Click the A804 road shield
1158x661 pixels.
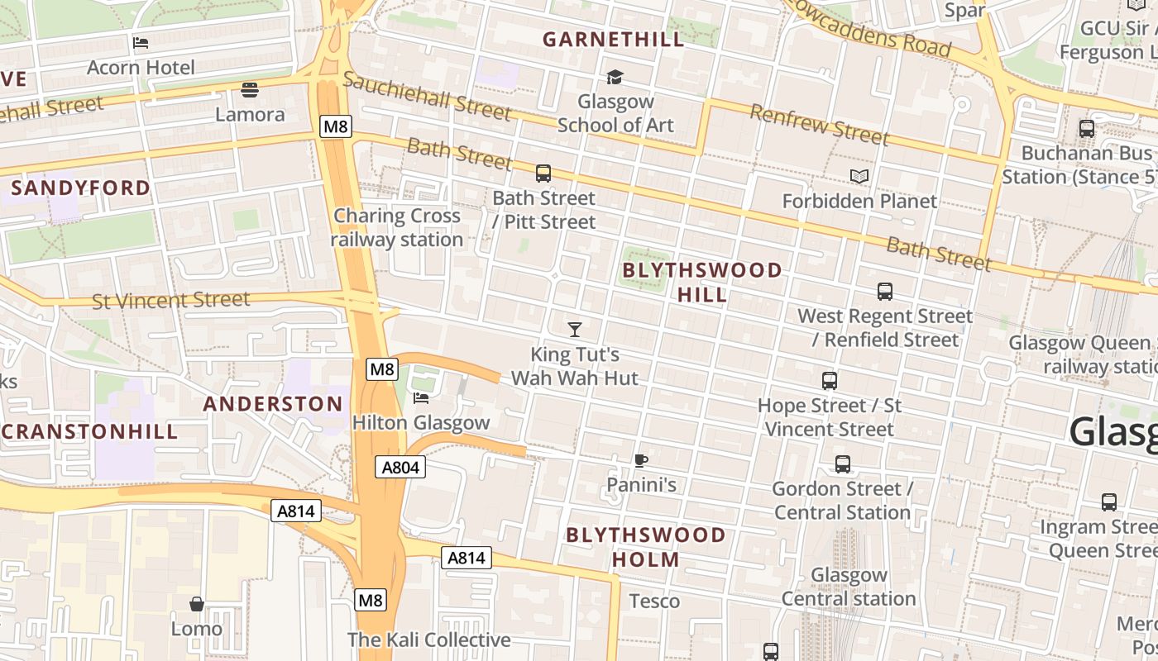401,467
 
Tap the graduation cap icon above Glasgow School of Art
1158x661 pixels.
615,77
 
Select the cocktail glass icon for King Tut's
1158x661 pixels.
575,330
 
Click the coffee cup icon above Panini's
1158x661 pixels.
640,460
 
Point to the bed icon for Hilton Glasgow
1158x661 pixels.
421,398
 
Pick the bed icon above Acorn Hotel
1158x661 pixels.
141,43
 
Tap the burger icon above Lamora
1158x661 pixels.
250,89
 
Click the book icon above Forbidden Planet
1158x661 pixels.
859,176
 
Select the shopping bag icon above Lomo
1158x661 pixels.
197,604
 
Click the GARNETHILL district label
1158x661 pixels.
613,39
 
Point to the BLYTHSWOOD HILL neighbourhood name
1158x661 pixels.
702,283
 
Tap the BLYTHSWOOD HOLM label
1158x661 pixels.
646,547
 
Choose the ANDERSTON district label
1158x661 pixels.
273,404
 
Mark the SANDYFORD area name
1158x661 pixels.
81,188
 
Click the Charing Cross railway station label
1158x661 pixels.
397,227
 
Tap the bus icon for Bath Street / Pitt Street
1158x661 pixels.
543,174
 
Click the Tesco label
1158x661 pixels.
654,601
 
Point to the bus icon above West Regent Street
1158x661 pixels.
885,292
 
